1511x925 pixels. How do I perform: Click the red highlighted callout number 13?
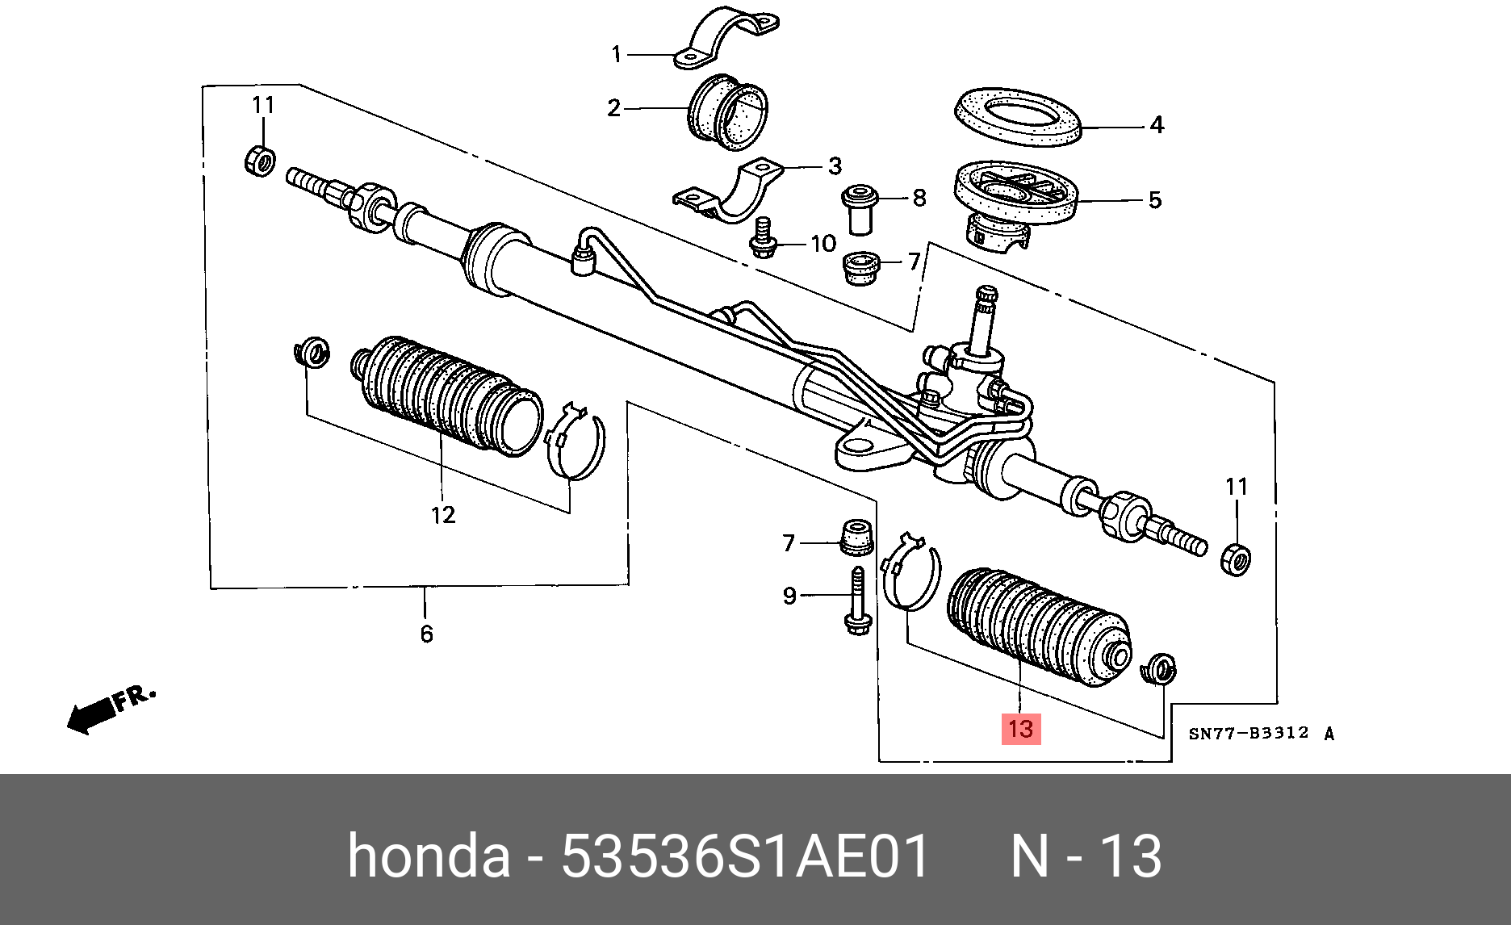tap(1020, 729)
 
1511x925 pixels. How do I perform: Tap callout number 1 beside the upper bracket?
tap(617, 54)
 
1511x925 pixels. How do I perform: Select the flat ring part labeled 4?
tap(1017, 118)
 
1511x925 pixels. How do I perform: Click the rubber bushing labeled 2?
tap(727, 112)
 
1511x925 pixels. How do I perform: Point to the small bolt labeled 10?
tap(761, 239)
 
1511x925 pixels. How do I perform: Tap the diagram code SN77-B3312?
tap(1248, 733)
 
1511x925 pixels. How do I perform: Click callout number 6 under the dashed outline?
tap(426, 634)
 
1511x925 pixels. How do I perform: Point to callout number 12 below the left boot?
tap(443, 515)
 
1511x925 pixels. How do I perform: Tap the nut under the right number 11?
tap(1236, 559)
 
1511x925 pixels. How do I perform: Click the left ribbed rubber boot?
tap(446, 395)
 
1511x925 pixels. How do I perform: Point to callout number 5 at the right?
tap(1155, 199)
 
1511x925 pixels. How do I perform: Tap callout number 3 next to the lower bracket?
tap(835, 166)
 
